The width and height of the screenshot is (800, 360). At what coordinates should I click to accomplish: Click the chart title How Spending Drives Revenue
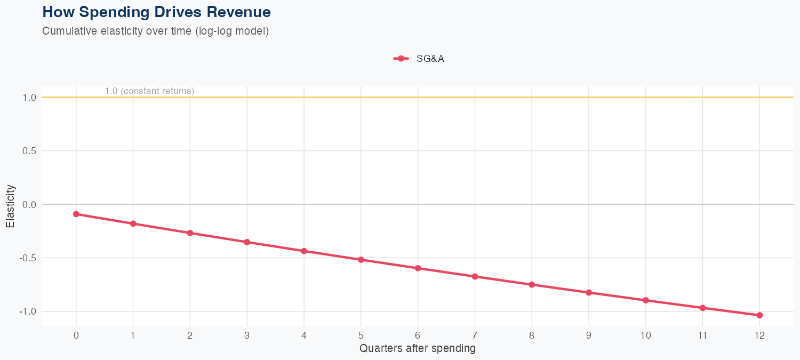pyautogui.click(x=156, y=12)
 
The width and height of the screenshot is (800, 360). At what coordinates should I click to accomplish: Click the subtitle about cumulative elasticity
pyautogui.click(x=155, y=31)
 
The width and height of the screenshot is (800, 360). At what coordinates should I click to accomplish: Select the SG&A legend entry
pyautogui.click(x=419, y=59)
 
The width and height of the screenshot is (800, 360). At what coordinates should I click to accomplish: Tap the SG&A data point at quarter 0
pyautogui.click(x=76, y=214)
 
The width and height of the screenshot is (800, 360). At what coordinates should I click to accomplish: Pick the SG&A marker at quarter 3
pyautogui.click(x=247, y=242)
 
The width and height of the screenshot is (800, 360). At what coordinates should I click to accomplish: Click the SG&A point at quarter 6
pyautogui.click(x=418, y=268)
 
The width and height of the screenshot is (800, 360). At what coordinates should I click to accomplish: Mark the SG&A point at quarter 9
pyautogui.click(x=589, y=292)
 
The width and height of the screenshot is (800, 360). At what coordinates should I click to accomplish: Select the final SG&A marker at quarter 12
pyautogui.click(x=759, y=315)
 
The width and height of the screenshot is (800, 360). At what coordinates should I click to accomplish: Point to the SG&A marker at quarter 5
pyautogui.click(x=361, y=260)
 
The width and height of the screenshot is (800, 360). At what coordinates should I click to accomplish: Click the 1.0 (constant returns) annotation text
pyautogui.click(x=149, y=91)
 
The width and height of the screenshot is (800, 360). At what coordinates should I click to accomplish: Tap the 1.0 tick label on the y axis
pyautogui.click(x=29, y=98)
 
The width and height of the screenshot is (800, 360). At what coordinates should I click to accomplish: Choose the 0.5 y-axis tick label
pyautogui.click(x=29, y=151)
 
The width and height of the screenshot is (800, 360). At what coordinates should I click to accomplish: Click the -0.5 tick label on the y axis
pyautogui.click(x=28, y=258)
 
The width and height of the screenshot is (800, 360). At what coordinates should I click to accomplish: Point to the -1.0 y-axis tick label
pyautogui.click(x=28, y=311)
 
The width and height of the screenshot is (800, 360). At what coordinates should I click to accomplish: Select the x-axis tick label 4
pyautogui.click(x=304, y=335)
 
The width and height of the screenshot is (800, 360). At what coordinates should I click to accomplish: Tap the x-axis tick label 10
pyautogui.click(x=645, y=335)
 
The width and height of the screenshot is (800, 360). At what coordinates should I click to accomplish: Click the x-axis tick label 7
pyautogui.click(x=475, y=335)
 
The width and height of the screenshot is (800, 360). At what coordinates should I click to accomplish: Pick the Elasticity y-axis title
pyautogui.click(x=10, y=206)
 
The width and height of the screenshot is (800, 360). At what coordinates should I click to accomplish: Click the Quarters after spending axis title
pyautogui.click(x=418, y=349)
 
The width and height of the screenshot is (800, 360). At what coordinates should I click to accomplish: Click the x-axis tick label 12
pyautogui.click(x=759, y=335)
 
